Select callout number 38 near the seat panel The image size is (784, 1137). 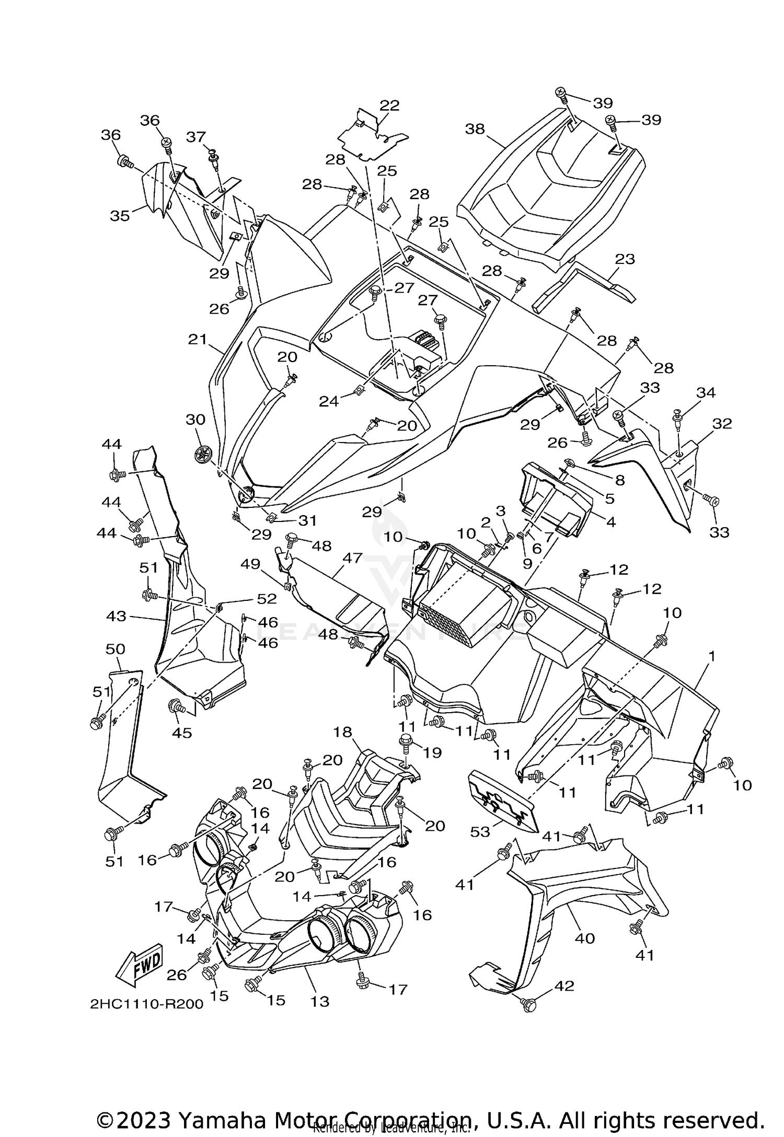(x=475, y=129)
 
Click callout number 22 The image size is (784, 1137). (x=389, y=105)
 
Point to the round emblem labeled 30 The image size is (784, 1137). (x=201, y=455)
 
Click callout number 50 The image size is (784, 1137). (x=115, y=649)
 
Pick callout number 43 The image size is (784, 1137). (x=116, y=616)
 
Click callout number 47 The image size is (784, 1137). (x=352, y=558)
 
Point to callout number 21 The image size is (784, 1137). (x=198, y=340)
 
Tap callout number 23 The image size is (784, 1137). (x=625, y=259)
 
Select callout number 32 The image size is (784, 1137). (x=722, y=423)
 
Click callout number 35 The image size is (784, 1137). (x=120, y=215)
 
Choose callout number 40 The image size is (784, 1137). (x=584, y=938)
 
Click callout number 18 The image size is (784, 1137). (x=343, y=732)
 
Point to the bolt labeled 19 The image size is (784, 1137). (x=406, y=740)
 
